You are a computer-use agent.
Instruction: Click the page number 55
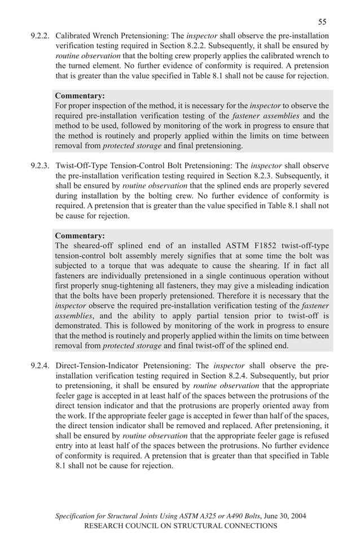pos(322,22)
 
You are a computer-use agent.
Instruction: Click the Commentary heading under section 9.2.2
pos(80,95)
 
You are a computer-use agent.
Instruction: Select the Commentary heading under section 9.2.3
pos(80,235)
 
